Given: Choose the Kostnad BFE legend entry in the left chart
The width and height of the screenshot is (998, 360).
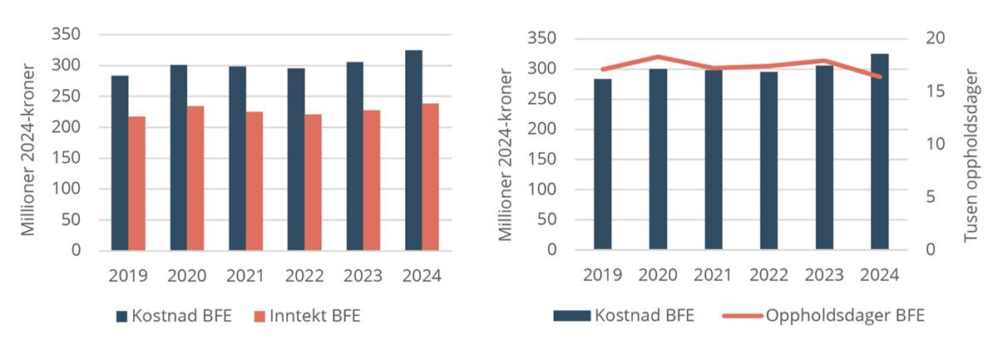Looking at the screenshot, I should (173, 316).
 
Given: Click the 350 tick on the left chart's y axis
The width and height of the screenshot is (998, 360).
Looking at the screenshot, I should (67, 34).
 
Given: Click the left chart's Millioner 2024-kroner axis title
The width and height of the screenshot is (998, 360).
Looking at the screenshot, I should (28, 150).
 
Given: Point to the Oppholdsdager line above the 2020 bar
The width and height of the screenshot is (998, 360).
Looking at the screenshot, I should (658, 57).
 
